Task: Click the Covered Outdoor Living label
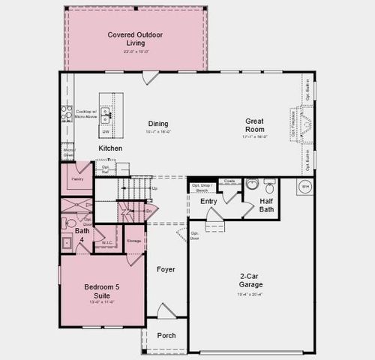135,38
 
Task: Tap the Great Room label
256,124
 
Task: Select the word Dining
157,124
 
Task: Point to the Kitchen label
110,148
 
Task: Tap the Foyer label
166,268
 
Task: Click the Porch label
166,335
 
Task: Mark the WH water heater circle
306,187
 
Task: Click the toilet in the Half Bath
253,184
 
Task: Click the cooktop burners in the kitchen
66,114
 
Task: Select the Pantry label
76,181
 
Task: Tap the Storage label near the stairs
133,240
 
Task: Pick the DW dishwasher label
106,132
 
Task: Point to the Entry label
208,201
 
